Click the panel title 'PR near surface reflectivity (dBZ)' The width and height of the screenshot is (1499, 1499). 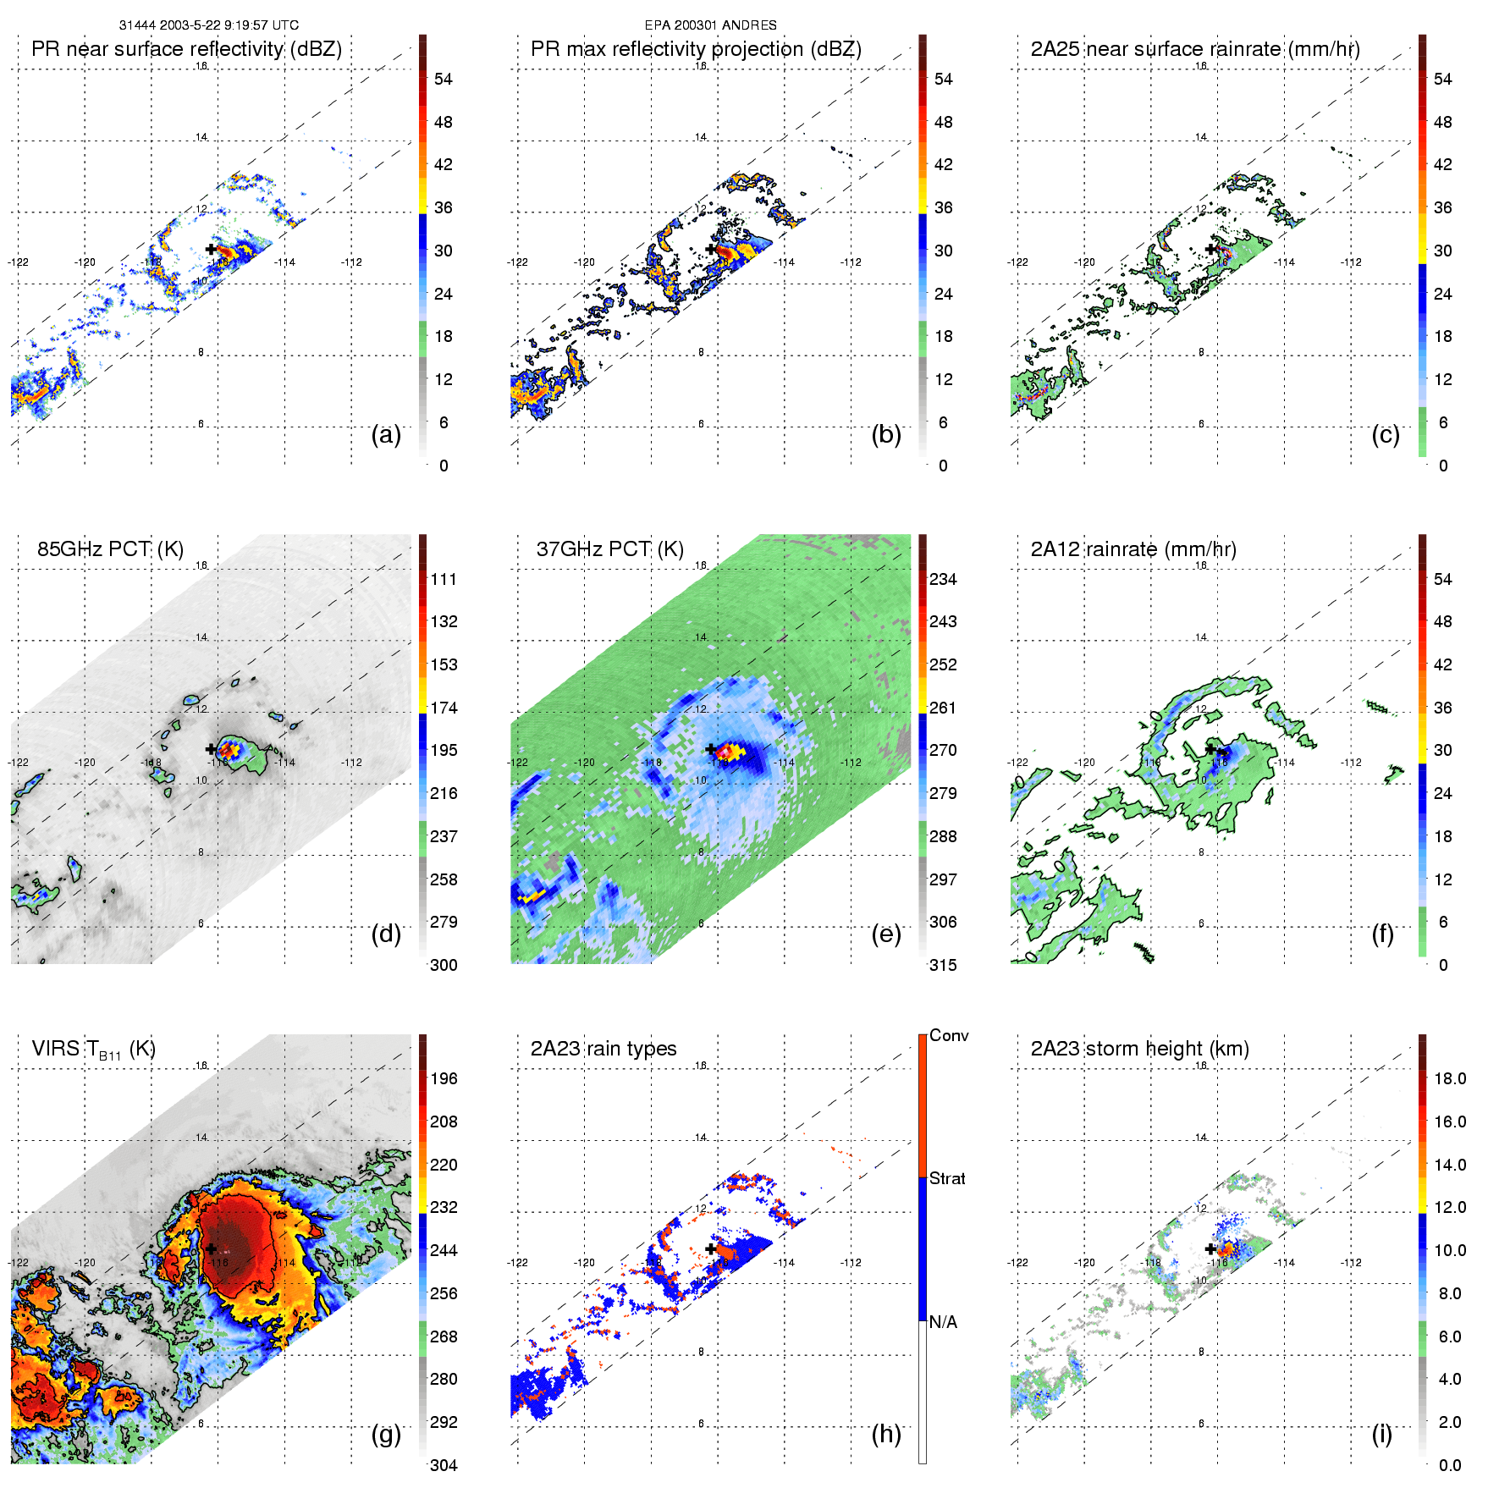pyautogui.click(x=186, y=49)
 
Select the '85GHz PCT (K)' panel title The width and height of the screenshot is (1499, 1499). pyautogui.click(x=110, y=549)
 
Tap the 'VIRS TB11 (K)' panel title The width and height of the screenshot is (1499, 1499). pyautogui.click(x=93, y=1050)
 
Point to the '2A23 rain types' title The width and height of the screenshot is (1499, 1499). pyautogui.click(x=603, y=1049)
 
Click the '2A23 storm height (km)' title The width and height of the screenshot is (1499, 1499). pyautogui.click(x=1139, y=1049)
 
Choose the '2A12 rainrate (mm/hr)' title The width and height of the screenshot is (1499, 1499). pyautogui.click(x=1133, y=549)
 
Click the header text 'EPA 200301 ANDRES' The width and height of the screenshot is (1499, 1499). pyautogui.click(x=710, y=25)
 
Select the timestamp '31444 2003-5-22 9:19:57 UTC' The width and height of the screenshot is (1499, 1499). pyautogui.click(x=209, y=25)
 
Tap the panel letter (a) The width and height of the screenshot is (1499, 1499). pyautogui.click(x=386, y=434)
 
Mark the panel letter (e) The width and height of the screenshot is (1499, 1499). pyautogui.click(x=886, y=934)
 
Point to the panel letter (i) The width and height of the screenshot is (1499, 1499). pyautogui.click(x=1382, y=1434)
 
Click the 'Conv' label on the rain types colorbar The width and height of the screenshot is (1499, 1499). pyautogui.click(x=949, y=1036)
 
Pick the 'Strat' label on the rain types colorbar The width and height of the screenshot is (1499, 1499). pyautogui.click(x=947, y=1178)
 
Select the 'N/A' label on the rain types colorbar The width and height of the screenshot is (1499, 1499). pyautogui.click(x=943, y=1322)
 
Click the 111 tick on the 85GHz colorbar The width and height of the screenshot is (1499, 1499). pyautogui.click(x=444, y=579)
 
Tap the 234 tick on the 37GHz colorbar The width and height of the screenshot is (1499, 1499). pyautogui.click(x=943, y=579)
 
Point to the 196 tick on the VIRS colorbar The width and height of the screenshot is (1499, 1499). pyautogui.click(x=444, y=1078)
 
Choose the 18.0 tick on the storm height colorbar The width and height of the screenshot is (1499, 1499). pyautogui.click(x=1450, y=1078)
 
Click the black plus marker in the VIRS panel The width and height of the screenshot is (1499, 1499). pyautogui.click(x=211, y=1248)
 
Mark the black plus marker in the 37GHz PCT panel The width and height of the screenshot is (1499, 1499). pyautogui.click(x=711, y=749)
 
